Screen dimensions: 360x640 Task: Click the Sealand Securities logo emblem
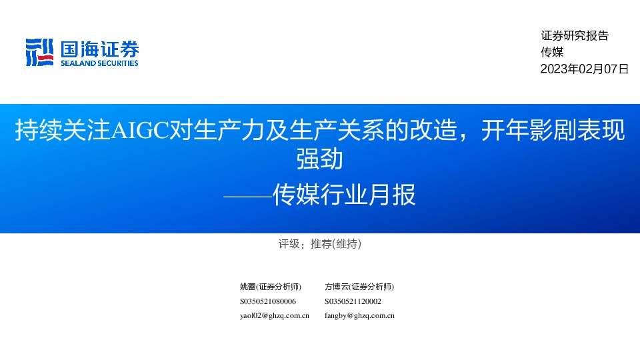click(39, 52)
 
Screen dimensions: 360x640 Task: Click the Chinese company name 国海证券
click(99, 49)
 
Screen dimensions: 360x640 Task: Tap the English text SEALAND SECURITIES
click(99, 63)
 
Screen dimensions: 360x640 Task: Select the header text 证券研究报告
click(575, 37)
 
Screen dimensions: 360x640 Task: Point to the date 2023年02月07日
click(584, 69)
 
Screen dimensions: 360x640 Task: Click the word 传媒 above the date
click(552, 53)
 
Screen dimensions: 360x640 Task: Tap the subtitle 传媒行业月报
click(344, 195)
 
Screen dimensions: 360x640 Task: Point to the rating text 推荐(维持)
click(336, 245)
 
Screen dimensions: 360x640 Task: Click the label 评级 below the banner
click(289, 245)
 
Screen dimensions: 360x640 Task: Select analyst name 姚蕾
click(247, 287)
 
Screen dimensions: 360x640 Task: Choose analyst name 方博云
click(337, 287)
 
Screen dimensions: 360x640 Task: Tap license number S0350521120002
click(353, 301)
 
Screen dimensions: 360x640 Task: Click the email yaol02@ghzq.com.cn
click(274, 316)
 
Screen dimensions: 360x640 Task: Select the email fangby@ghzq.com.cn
click(359, 316)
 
